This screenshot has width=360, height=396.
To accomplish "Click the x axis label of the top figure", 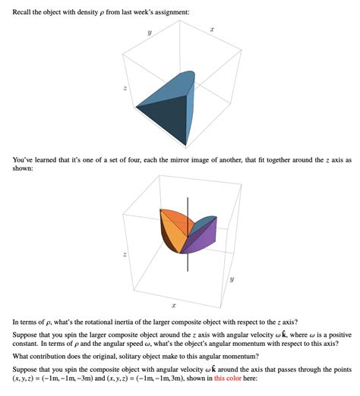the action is click(212, 29).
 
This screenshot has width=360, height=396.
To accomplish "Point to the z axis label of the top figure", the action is click(115, 90).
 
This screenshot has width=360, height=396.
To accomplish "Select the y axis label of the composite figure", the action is click(231, 280).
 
